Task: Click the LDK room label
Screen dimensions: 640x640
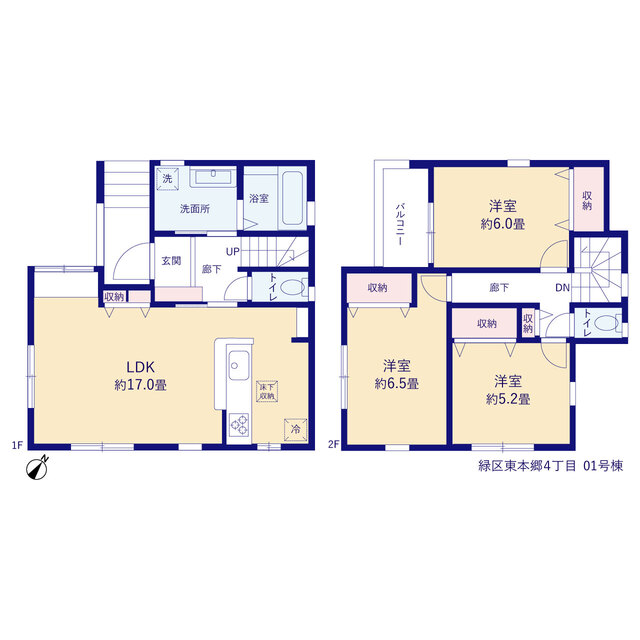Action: (x=140, y=367)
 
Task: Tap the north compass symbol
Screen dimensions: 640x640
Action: (x=37, y=467)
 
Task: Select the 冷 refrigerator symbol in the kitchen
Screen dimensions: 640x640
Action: (x=296, y=429)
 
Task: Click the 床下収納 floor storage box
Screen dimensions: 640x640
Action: (x=267, y=391)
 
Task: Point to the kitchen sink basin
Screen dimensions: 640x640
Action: (x=239, y=365)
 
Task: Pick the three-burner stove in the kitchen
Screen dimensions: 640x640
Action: (x=239, y=424)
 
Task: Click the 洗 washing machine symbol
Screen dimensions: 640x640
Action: (x=167, y=179)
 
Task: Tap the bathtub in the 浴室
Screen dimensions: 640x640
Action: (x=292, y=198)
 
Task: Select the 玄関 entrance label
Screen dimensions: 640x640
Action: (x=171, y=260)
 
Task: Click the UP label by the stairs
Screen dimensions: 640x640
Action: (x=233, y=252)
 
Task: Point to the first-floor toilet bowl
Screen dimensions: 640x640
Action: (x=293, y=288)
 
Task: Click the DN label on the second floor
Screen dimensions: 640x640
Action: (x=562, y=288)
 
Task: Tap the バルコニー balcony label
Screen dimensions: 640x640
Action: (x=400, y=224)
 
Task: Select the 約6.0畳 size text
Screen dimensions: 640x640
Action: (x=502, y=224)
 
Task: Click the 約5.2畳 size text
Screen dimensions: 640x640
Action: (x=508, y=399)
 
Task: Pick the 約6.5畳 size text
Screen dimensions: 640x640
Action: (x=397, y=383)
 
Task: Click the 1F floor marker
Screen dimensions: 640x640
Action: (x=17, y=445)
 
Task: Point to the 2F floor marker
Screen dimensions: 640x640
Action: (x=333, y=444)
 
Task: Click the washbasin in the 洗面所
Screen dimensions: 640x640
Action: (x=213, y=177)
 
